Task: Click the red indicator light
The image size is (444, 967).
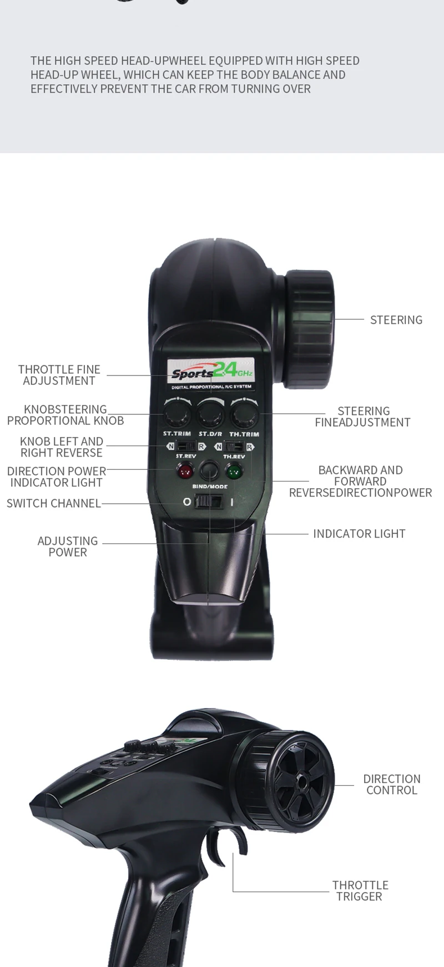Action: click(185, 472)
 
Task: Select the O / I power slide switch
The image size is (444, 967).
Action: click(209, 502)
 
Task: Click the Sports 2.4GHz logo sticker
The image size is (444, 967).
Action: click(211, 372)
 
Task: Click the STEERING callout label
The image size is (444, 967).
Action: click(396, 320)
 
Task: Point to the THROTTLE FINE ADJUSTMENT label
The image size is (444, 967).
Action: click(59, 375)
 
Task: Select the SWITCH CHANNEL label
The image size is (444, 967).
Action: click(54, 503)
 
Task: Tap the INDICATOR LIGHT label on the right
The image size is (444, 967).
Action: click(359, 534)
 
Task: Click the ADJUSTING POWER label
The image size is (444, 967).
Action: click(68, 547)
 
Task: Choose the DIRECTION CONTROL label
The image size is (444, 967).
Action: click(392, 784)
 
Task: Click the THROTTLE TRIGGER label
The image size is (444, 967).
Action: click(360, 890)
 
